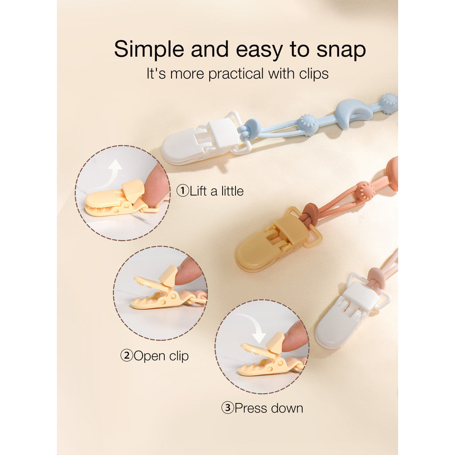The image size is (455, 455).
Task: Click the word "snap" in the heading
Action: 341,50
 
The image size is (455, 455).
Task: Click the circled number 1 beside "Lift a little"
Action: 183,191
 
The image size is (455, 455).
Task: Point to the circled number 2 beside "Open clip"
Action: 127,355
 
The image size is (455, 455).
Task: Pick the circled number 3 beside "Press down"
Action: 228,408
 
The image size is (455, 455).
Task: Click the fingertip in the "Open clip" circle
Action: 189,271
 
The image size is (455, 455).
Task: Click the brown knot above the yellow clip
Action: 311,213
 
